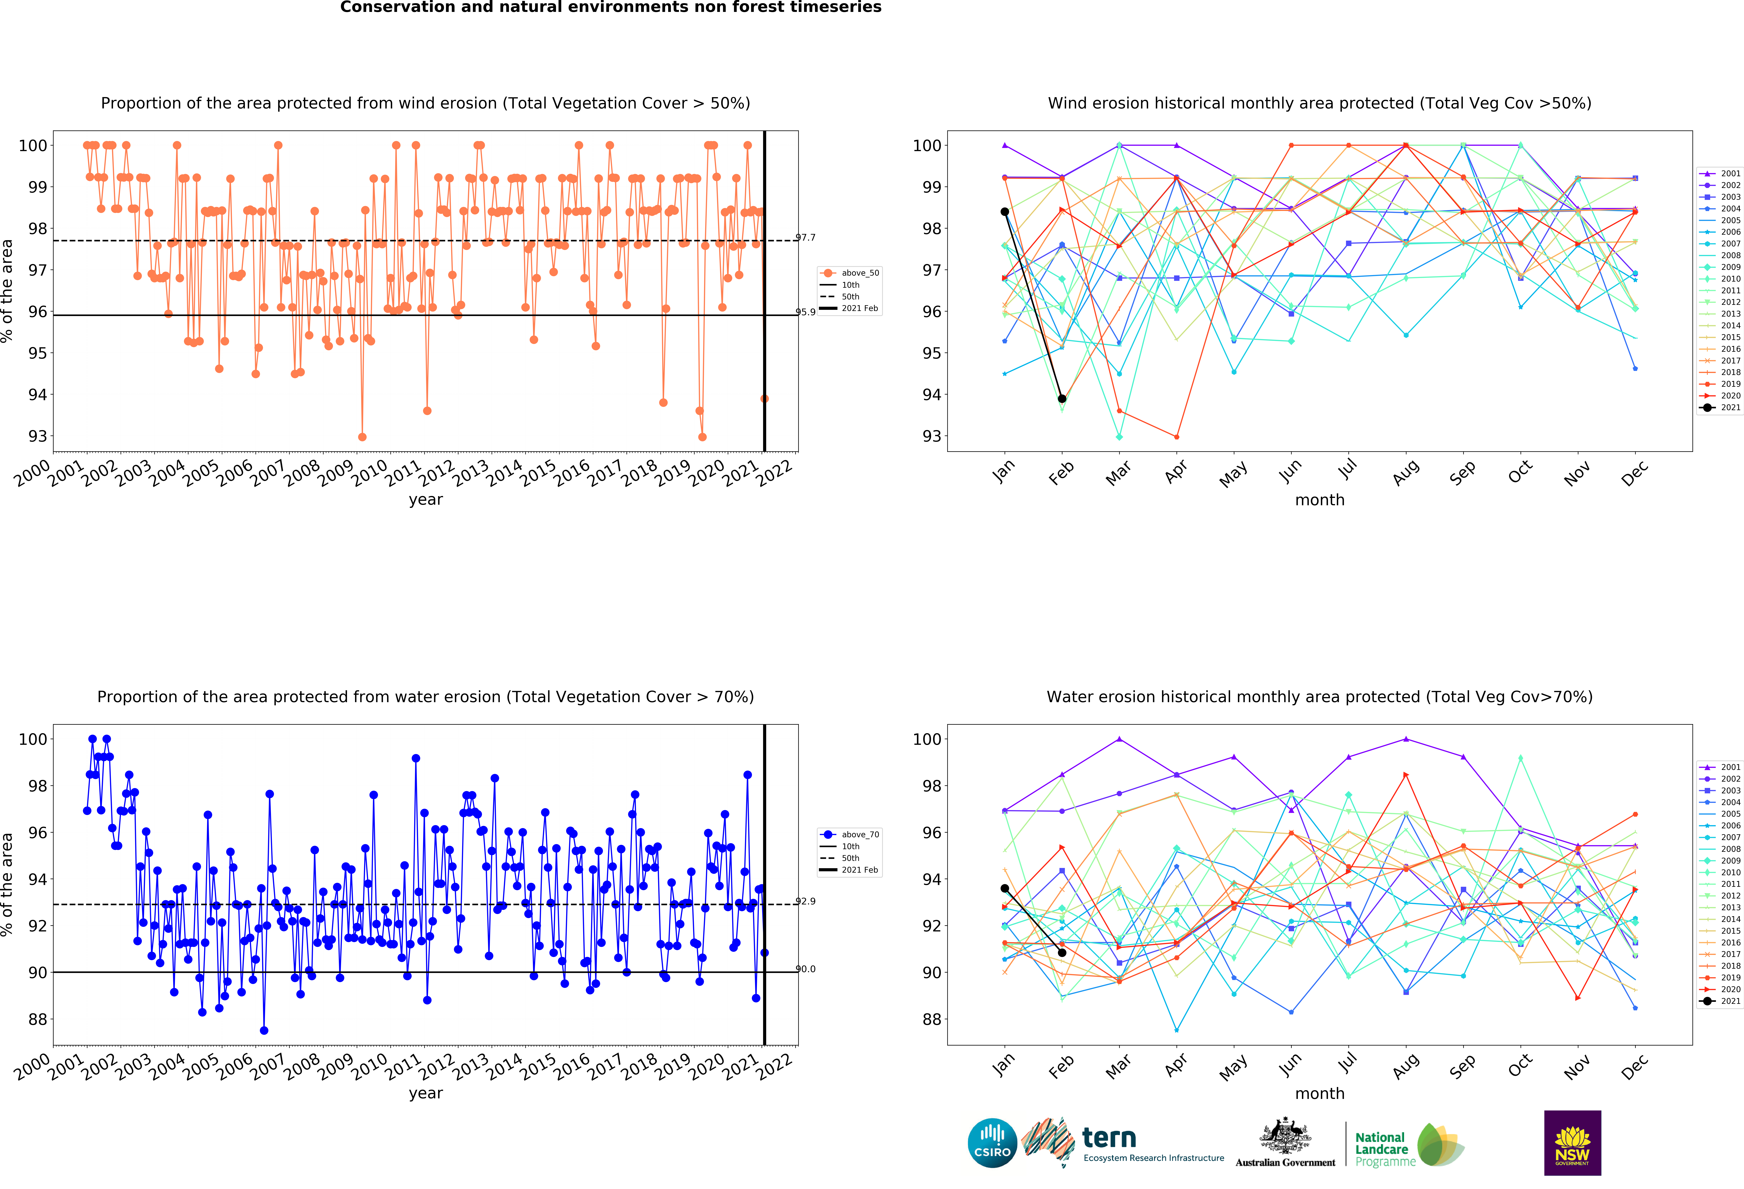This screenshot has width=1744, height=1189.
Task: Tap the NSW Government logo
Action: coord(1572,1142)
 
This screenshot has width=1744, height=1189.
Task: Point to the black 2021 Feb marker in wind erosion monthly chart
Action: coord(1062,399)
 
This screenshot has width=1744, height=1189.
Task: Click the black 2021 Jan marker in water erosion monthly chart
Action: coord(1005,888)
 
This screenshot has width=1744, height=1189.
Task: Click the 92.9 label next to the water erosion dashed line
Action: coord(805,901)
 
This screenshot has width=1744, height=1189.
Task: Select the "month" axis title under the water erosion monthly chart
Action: coord(1319,1094)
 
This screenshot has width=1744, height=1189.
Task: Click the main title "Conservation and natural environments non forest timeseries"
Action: coord(611,7)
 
